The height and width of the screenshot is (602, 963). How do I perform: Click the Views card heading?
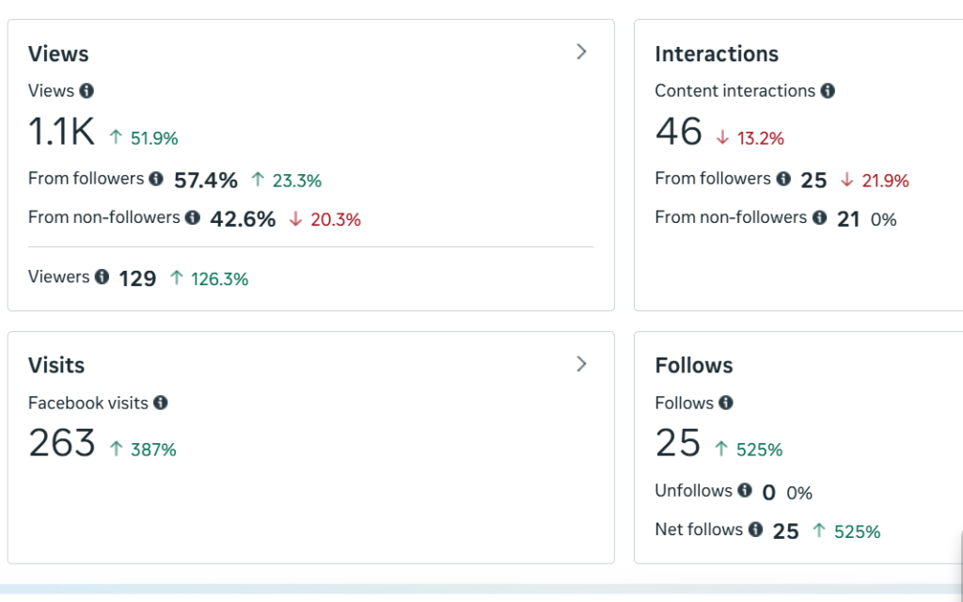coord(58,54)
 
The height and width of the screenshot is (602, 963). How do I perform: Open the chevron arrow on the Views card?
coord(581,52)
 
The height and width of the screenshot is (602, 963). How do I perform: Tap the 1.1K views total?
coord(62,133)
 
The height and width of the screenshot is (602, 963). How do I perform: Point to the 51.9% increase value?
coord(154,138)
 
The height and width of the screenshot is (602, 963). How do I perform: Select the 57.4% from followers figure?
coord(206,180)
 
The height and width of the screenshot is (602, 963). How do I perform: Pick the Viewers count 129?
coord(137,278)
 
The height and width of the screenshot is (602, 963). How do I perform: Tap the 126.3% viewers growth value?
coord(219,278)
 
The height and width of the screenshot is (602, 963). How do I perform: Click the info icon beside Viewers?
coord(102,277)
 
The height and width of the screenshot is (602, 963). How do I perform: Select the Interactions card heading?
coord(717,54)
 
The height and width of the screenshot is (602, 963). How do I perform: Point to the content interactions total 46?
coord(679,133)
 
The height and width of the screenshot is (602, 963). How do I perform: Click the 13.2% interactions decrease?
coord(760,138)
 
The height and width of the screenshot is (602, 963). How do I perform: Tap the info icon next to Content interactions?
coord(828,91)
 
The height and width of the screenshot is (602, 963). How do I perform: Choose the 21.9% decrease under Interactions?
coord(885,181)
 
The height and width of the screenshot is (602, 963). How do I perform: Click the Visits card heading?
coord(56,365)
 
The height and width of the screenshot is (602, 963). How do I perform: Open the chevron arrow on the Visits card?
coord(581,363)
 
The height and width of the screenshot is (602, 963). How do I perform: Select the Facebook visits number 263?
coord(62,443)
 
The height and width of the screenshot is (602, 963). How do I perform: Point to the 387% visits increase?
coord(153,450)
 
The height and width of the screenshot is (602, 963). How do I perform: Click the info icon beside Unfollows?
coord(745,490)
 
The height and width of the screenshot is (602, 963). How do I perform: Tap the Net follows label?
coord(699,530)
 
